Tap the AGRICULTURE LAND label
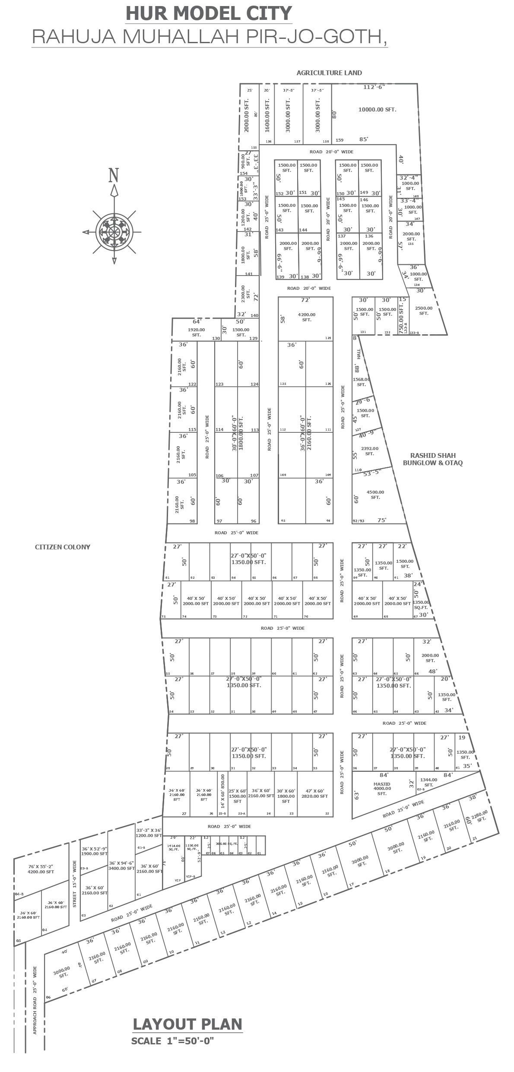pos(329,73)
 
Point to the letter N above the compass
pos(114,175)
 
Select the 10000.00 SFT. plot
pos(377,110)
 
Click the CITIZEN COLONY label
pos(63,547)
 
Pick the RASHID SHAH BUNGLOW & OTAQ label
pos(433,459)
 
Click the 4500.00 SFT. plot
pos(375,495)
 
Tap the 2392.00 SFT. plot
pos(369,451)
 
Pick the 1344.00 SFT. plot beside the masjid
pos(428,782)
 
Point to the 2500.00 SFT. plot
pos(424,311)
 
